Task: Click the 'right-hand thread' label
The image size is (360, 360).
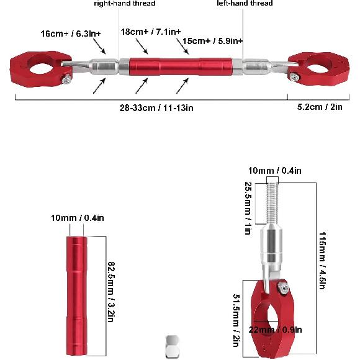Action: (125, 4)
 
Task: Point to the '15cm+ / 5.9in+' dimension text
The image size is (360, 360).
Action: (213, 41)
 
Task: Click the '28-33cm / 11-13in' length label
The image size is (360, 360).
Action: (157, 107)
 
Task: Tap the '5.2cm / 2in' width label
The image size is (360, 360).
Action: (319, 107)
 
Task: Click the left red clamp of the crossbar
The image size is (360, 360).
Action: (38, 68)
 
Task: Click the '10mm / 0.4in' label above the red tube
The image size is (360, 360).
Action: (78, 218)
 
